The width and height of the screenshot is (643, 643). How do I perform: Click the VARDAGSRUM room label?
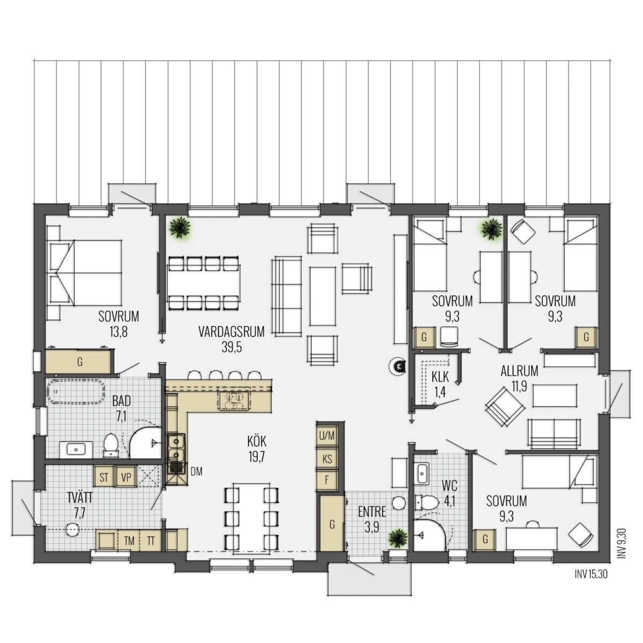(231, 332)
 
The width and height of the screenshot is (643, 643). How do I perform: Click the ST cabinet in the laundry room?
(104, 477)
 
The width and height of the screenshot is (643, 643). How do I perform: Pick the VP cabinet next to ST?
(126, 477)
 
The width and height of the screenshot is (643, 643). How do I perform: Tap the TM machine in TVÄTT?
(129, 541)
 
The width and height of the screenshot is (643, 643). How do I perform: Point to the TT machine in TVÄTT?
(151, 541)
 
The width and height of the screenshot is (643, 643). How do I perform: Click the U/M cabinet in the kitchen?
(327, 436)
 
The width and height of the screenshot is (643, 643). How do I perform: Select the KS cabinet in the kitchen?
(327, 459)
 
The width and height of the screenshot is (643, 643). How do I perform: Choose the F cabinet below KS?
(327, 480)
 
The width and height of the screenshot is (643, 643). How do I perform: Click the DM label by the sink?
(197, 471)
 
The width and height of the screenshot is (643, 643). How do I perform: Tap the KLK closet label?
(440, 377)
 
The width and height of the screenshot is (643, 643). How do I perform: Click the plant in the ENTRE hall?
(398, 538)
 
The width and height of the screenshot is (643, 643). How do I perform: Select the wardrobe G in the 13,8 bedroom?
(78, 361)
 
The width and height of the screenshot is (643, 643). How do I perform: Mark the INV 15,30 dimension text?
(591, 574)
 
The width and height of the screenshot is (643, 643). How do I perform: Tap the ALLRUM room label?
(519, 371)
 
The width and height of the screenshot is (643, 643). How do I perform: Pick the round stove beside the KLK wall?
(398, 367)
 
